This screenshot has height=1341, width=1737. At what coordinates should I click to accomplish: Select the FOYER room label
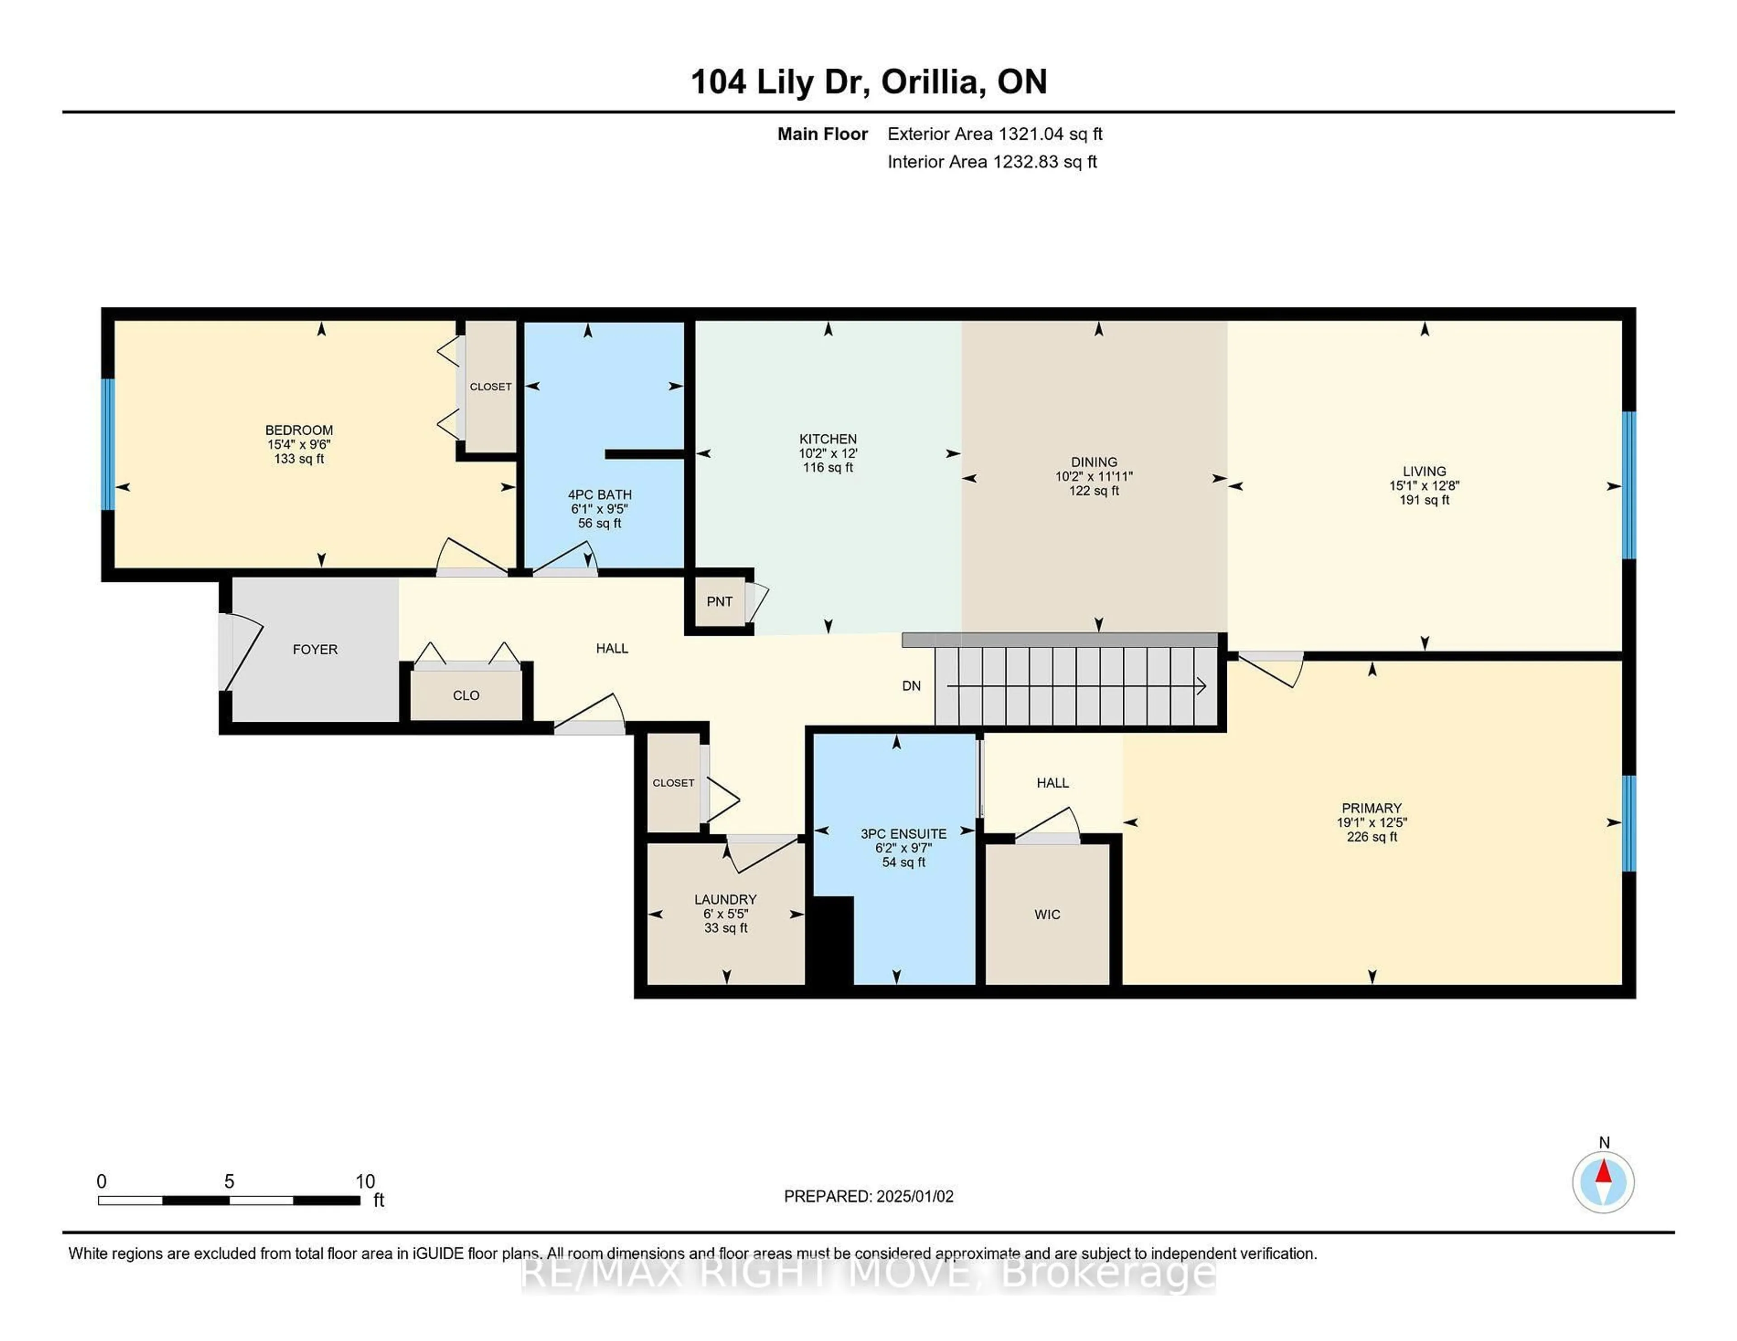[315, 649]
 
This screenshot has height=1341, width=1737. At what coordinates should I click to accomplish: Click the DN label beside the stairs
[911, 686]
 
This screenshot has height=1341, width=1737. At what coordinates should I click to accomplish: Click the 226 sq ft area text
[1372, 837]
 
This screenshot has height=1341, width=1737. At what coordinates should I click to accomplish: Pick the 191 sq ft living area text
[1424, 500]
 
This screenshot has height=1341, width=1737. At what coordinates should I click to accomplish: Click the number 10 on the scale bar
[365, 1181]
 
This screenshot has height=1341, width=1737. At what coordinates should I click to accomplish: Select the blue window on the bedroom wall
[108, 444]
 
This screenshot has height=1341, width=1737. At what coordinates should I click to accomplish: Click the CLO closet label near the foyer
[466, 696]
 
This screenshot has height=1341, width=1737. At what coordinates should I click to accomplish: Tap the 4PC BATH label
[600, 494]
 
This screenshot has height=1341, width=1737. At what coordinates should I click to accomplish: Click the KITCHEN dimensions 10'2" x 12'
[828, 453]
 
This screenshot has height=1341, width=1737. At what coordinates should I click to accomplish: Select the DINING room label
[1094, 462]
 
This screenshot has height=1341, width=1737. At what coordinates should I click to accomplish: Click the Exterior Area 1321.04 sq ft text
[995, 134]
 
